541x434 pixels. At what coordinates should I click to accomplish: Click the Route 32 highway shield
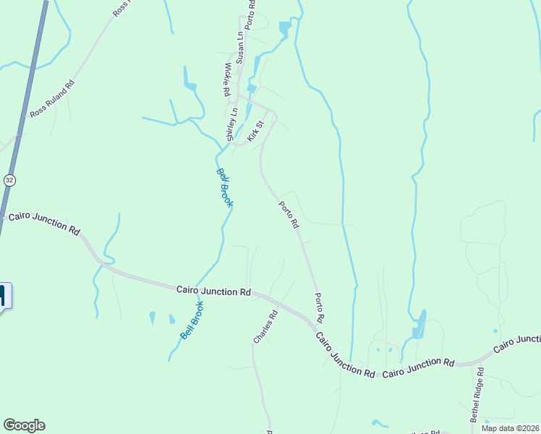point(9,179)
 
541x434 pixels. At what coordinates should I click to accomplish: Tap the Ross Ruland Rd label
point(52,99)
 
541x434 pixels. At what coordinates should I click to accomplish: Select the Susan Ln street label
point(239,46)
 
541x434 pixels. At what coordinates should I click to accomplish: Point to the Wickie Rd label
point(227,80)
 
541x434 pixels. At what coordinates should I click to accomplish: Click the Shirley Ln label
point(231,124)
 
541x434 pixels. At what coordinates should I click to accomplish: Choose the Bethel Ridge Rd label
point(478,395)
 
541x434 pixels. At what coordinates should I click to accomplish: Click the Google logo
point(24,425)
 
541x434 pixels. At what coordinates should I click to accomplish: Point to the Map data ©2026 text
point(511,428)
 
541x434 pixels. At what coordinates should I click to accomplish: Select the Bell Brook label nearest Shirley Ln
point(225,188)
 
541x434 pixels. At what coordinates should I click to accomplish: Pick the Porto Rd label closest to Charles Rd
point(318,307)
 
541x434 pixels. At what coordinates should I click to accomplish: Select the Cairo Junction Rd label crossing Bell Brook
point(213,291)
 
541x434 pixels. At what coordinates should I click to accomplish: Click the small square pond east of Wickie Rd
point(252,88)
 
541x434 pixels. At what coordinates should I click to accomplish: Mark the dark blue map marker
point(3,296)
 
